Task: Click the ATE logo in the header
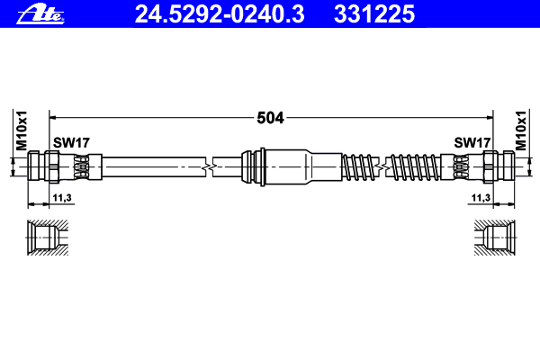40,14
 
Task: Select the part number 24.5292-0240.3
220,14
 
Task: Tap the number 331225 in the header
374,14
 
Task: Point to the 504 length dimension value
270,118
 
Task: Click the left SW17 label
71,142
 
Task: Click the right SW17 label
472,142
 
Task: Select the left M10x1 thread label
22,130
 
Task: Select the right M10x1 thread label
521,130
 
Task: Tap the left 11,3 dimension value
62,198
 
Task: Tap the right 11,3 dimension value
481,198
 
